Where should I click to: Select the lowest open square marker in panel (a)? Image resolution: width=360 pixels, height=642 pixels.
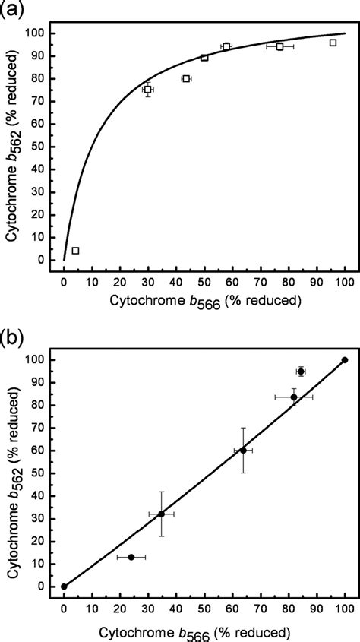(x=75, y=251)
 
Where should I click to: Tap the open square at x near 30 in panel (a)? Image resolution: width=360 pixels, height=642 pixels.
(x=148, y=90)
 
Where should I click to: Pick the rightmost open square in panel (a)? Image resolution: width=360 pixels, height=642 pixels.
(x=333, y=43)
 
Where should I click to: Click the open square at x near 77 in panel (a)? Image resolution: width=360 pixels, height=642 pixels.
(x=279, y=46)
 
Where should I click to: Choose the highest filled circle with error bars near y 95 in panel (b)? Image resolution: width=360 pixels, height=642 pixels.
(x=301, y=372)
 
